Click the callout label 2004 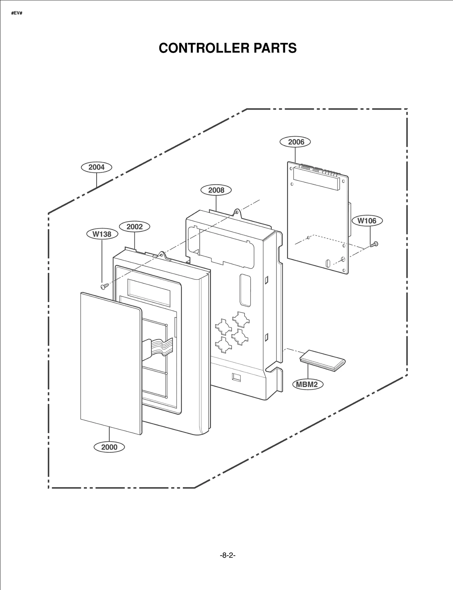pyautogui.click(x=96, y=167)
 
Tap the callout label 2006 pyautogui.click(x=295, y=142)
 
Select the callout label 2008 pyautogui.click(x=216, y=190)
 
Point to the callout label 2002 pyautogui.click(x=134, y=227)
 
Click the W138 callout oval pyautogui.click(x=102, y=234)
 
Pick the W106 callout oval pyautogui.click(x=367, y=221)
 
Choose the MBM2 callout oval pyautogui.click(x=307, y=384)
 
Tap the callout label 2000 pyautogui.click(x=109, y=447)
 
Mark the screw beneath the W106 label pyautogui.click(x=374, y=244)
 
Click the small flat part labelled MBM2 pyautogui.click(x=322, y=360)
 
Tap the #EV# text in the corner pyautogui.click(x=17, y=13)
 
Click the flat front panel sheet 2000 pyautogui.click(x=110, y=363)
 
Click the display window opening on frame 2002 pyautogui.click(x=149, y=293)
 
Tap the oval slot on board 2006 pyautogui.click(x=328, y=263)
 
